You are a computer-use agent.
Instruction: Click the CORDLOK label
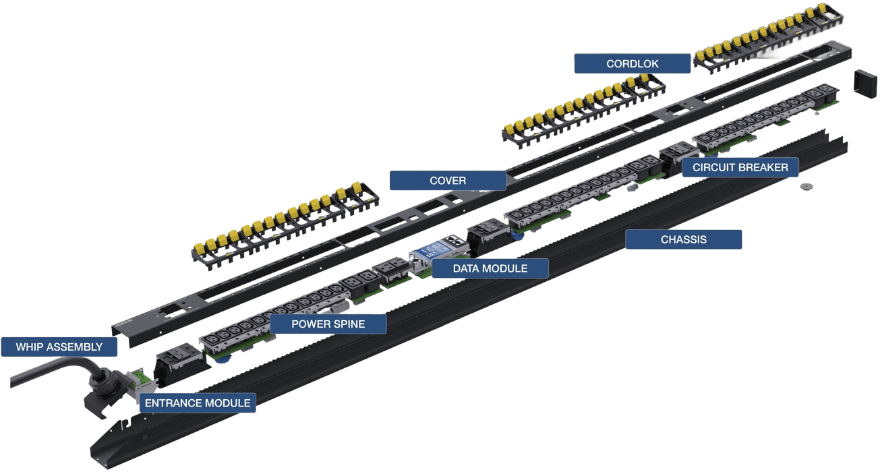(x=632, y=63)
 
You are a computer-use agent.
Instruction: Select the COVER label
(x=448, y=180)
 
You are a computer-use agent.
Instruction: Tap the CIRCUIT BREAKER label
(x=739, y=167)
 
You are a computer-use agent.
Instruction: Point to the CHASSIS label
(x=683, y=239)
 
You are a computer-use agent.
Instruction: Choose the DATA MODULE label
(x=490, y=268)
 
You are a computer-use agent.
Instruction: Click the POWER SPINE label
(x=328, y=324)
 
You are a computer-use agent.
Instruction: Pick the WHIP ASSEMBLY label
(x=59, y=347)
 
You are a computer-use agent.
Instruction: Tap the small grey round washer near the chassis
(x=804, y=185)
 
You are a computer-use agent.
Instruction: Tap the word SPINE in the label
(x=351, y=324)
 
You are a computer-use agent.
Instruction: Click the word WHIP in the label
(x=30, y=347)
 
